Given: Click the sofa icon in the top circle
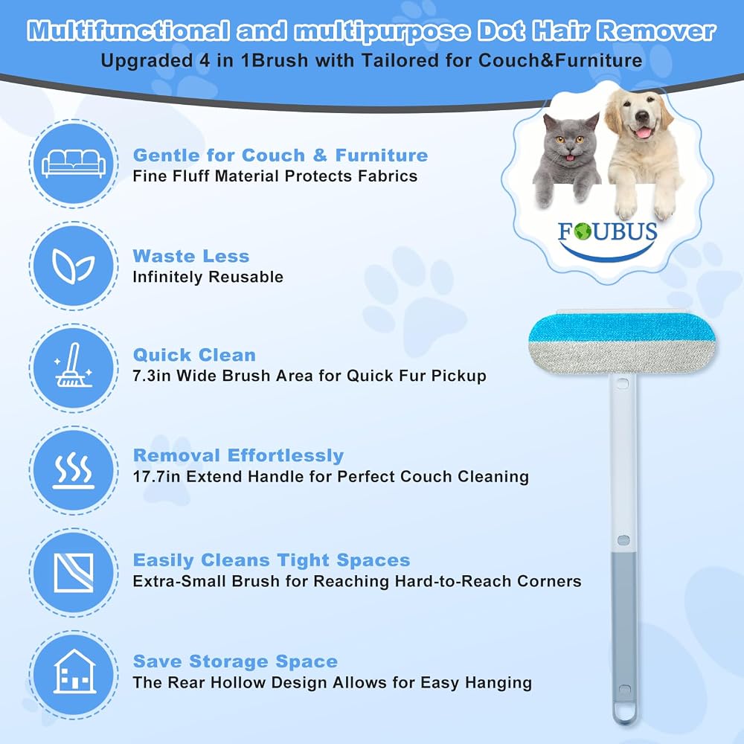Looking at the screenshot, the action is pyautogui.click(x=74, y=164).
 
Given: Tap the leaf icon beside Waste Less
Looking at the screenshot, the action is pyautogui.click(x=73, y=266).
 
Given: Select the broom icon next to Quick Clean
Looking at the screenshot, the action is pyautogui.click(x=73, y=365).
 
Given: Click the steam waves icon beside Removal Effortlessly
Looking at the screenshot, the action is pyautogui.click(x=73, y=469).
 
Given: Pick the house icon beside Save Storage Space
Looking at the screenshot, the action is pyautogui.click(x=74, y=671).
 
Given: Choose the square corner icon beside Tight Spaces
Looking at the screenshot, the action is pyautogui.click(x=74, y=572).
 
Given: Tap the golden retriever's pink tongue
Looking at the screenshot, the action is pyautogui.click(x=643, y=132).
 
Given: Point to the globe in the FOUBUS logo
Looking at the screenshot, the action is pyautogui.click(x=583, y=231).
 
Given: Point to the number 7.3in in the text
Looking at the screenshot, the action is pyautogui.click(x=152, y=376).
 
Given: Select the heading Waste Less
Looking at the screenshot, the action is pyautogui.click(x=190, y=256).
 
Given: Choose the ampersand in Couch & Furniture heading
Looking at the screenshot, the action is pyautogui.click(x=320, y=155).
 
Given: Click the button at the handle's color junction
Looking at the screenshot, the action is pyautogui.click(x=623, y=540).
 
